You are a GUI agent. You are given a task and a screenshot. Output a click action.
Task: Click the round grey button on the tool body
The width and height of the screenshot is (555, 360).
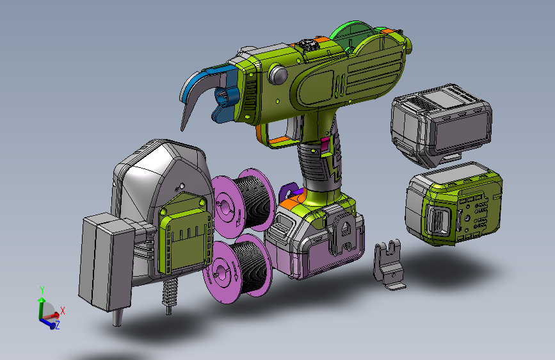click(x=278, y=74)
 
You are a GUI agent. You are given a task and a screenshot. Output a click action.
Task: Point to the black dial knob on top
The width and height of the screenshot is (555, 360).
click(x=307, y=45)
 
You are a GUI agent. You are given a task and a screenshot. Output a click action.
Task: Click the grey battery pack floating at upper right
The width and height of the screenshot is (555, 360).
click(x=442, y=125)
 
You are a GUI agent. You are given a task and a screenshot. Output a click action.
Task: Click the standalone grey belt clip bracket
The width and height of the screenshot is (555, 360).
click(x=389, y=265)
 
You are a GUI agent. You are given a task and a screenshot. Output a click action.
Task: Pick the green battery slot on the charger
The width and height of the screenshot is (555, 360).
click(x=184, y=234)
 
